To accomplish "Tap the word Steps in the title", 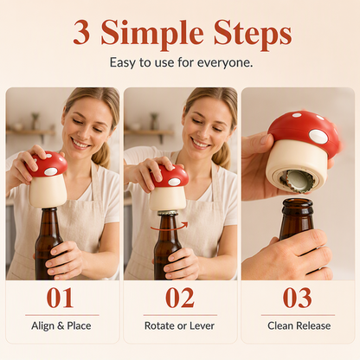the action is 253,34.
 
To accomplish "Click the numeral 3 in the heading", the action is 81,32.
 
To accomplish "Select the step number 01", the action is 60,298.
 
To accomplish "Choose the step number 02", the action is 180,298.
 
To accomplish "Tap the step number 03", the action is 298,298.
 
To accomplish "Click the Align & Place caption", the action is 61,325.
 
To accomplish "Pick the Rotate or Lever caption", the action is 179,325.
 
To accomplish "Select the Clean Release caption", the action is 299,325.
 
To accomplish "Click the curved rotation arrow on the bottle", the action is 169,228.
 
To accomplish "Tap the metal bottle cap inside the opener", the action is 297,181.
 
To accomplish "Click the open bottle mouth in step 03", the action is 298,202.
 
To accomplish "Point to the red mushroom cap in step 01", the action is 48,164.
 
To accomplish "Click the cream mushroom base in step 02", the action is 168,198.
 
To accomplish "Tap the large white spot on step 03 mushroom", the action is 318,137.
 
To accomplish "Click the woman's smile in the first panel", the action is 80,143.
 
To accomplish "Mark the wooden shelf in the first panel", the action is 31,132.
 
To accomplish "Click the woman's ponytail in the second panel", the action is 222,155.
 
